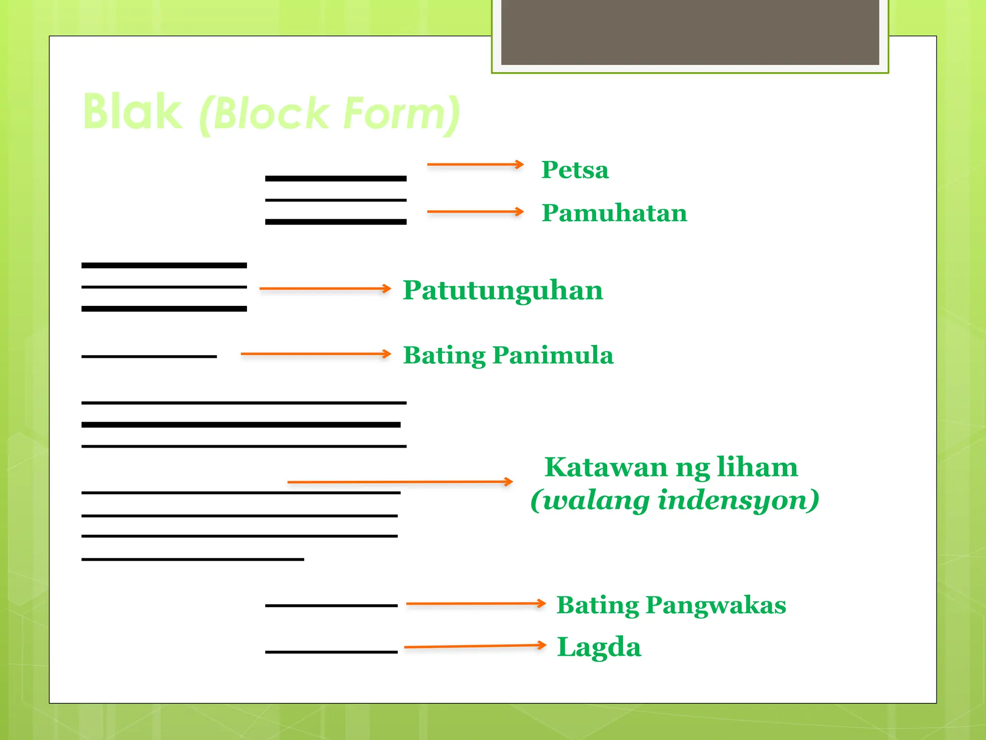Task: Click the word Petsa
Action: click(575, 170)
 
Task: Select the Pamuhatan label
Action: click(614, 213)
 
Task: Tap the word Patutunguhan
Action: click(503, 291)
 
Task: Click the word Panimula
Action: click(553, 356)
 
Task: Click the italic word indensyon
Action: click(739, 500)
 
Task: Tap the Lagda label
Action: click(599, 647)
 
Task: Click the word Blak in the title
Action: click(132, 112)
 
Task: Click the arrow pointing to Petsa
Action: click(475, 165)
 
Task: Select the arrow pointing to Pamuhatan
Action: click(475, 211)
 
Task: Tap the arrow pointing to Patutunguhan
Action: click(325, 289)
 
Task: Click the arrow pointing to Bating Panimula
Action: click(316, 354)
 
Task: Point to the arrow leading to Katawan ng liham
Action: click(400, 482)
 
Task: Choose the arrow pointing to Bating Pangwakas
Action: click(476, 603)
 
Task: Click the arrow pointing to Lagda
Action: click(475, 646)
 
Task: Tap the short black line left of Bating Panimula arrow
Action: click(149, 357)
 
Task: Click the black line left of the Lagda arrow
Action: click(331, 652)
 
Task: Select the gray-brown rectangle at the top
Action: click(690, 32)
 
